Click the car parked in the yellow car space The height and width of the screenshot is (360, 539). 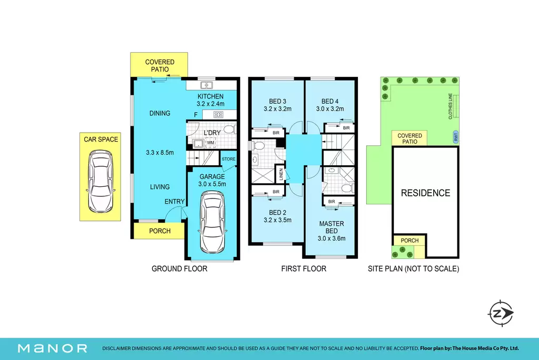point(101,181)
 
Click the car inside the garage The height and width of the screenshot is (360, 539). point(212,222)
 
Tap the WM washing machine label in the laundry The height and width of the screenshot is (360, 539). point(211,143)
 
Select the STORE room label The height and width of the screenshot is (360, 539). point(228,159)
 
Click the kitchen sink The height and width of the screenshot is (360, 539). point(206,85)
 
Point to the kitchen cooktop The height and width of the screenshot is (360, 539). point(218,115)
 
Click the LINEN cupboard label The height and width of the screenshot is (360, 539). point(281,174)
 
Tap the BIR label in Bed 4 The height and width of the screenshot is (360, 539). point(346,128)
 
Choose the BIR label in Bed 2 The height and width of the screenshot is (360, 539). point(276,192)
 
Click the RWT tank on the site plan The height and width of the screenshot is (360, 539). point(455,137)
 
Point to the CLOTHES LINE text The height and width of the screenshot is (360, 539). point(451,106)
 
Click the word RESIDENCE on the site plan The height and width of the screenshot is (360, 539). point(425,193)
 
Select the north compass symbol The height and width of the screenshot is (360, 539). point(500,313)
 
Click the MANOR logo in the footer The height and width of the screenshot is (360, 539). point(53,348)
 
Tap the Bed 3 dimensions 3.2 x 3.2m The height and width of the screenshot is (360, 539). point(277,109)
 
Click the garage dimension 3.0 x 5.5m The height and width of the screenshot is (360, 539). point(212,184)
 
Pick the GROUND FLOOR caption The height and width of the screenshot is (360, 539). point(179,269)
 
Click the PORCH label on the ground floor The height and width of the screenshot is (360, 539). point(160,231)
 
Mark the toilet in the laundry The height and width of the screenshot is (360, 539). point(230,129)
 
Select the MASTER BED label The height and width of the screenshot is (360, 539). point(332,227)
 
